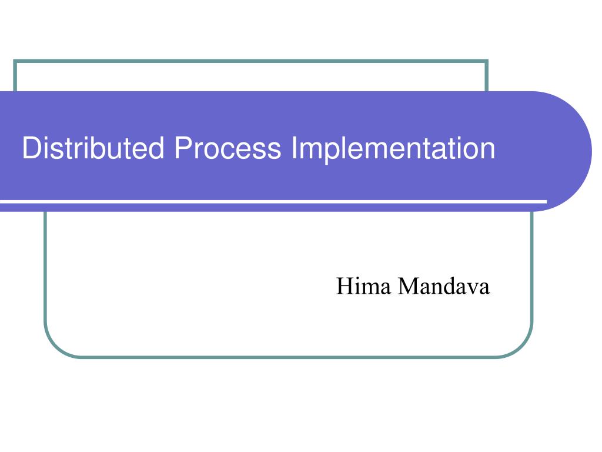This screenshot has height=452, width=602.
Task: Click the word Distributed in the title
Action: [93, 148]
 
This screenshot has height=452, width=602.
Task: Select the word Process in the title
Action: [227, 148]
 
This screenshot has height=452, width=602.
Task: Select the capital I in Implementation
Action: [295, 148]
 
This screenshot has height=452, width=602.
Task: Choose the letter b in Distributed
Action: [109, 148]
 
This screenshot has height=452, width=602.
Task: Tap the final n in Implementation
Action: [488, 151]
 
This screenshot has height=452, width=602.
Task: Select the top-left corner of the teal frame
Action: [15, 61]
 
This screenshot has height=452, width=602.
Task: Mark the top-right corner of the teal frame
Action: [487, 61]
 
